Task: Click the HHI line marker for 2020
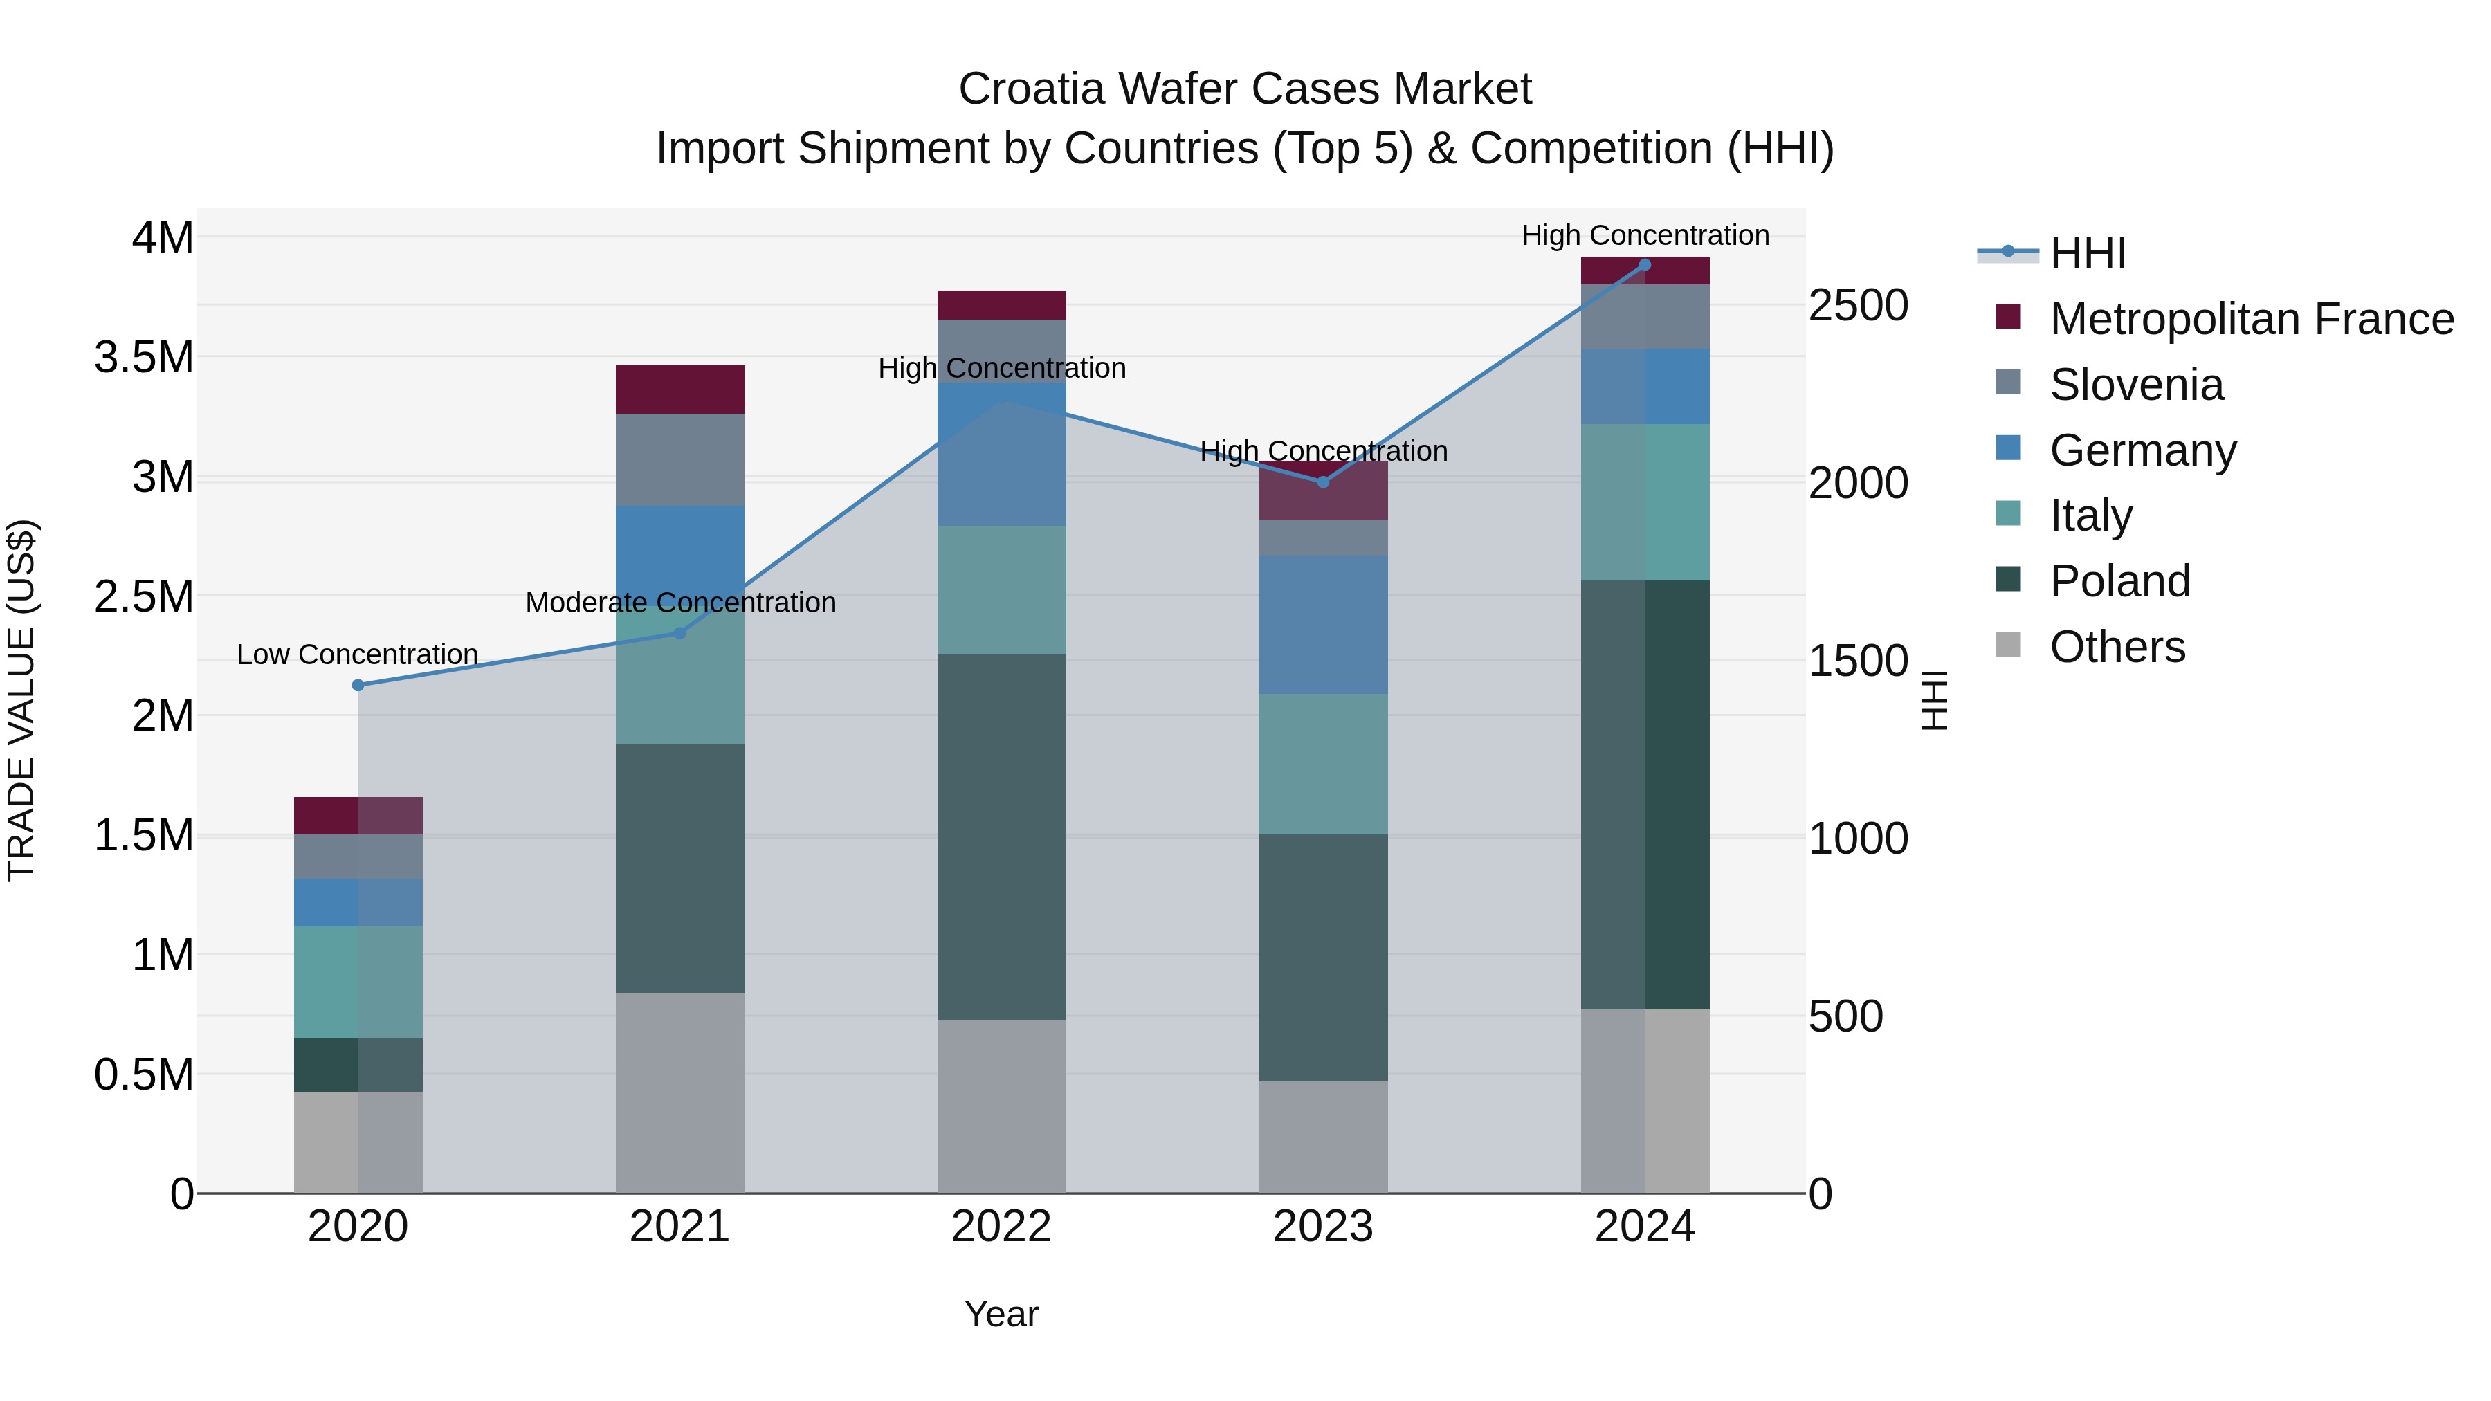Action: click(358, 686)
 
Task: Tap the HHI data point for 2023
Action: click(1323, 482)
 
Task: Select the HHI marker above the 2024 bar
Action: click(1645, 265)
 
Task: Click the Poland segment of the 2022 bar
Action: click(1002, 837)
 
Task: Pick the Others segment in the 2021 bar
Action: click(679, 1092)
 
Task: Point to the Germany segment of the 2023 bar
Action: click(1323, 625)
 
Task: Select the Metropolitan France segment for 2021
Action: click(679, 390)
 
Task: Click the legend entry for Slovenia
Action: click(2136, 385)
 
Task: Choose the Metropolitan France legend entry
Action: click(2251, 319)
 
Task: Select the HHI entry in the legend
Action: click(2087, 253)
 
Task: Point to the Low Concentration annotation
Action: click(358, 654)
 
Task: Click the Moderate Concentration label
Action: click(679, 603)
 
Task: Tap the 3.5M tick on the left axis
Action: click(144, 358)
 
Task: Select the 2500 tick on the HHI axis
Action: click(1858, 306)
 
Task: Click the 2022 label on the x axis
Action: click(1002, 1227)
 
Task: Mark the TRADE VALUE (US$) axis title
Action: click(21, 700)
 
